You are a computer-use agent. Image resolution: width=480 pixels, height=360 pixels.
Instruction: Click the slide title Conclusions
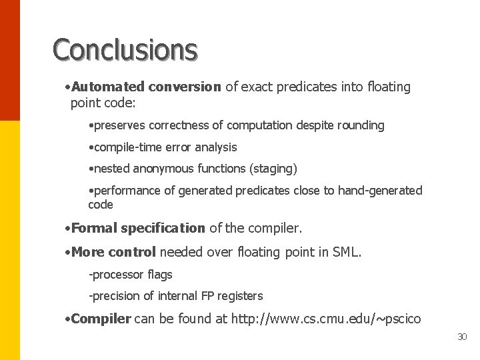click(125, 49)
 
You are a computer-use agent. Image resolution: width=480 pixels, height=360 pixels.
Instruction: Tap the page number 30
click(462, 337)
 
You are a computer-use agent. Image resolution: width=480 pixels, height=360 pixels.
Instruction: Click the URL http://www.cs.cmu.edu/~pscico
click(326, 319)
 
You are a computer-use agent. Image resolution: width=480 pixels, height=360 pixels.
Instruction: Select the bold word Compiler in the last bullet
click(101, 319)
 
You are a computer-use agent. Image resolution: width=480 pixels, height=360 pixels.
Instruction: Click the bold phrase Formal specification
click(138, 228)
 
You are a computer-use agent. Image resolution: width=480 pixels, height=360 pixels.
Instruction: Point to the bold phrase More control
click(113, 252)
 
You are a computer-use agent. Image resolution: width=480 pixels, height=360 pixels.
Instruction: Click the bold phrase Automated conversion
click(146, 87)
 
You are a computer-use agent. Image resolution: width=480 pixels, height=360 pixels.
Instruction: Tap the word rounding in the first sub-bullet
click(360, 125)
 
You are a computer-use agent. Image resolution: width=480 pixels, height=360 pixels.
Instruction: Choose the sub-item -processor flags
click(130, 275)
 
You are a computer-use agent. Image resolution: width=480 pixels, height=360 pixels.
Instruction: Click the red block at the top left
click(10, 60)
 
